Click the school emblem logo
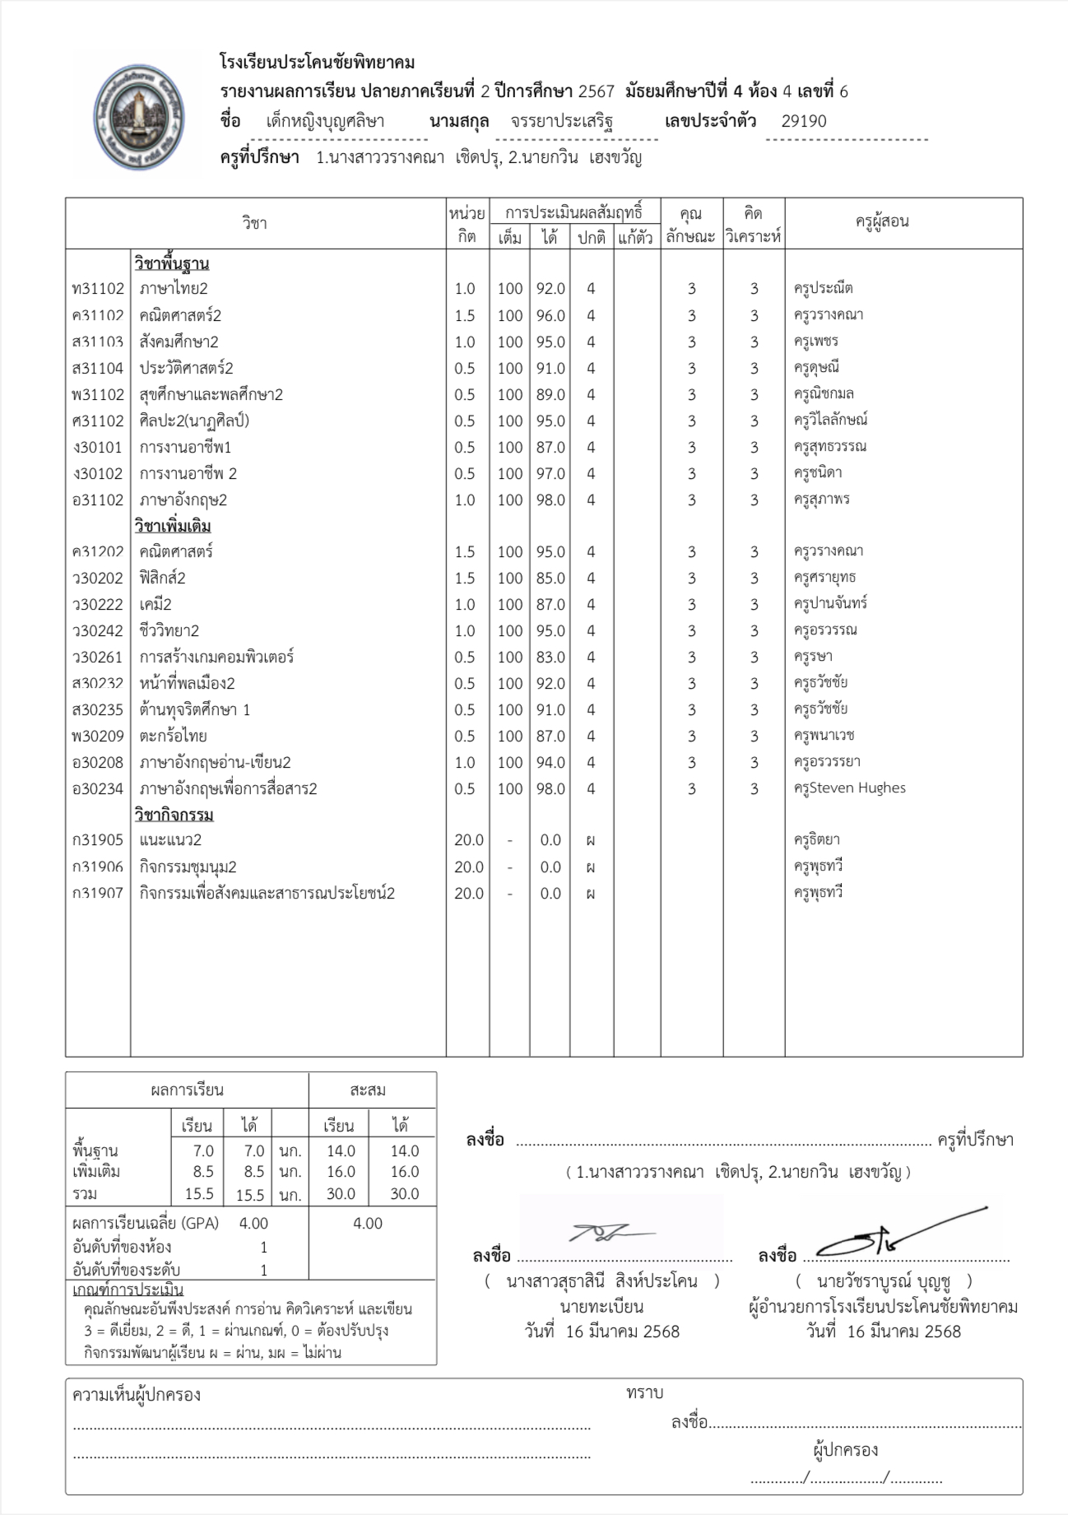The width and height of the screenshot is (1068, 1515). coord(137,116)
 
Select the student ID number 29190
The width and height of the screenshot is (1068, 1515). coord(803,122)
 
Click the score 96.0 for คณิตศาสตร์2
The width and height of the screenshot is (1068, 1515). coord(550,315)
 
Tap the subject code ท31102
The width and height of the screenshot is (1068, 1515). coord(98,289)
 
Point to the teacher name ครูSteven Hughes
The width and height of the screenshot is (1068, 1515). coord(849,788)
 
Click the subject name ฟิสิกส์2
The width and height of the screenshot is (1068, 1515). coord(162,578)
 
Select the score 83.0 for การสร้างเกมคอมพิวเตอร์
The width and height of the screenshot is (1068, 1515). coord(550,657)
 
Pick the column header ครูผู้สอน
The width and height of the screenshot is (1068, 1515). coord(882,221)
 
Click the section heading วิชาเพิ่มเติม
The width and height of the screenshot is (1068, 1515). coord(173,526)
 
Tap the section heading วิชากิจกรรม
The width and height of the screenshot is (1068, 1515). coord(174,815)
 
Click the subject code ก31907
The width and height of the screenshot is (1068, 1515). coord(98,894)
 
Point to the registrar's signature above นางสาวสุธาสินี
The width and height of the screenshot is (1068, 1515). coord(610,1234)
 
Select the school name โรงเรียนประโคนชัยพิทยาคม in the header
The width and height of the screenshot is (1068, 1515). coord(317,63)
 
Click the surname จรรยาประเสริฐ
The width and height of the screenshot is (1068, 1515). coord(561,122)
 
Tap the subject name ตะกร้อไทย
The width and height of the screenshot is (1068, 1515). coord(173,736)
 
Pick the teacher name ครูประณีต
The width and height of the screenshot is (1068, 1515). coord(823,289)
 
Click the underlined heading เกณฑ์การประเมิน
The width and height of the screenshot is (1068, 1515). coord(128,1290)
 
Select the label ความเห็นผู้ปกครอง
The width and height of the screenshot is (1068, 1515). coord(137,1395)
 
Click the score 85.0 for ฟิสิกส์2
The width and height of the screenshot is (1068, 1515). coord(550,578)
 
